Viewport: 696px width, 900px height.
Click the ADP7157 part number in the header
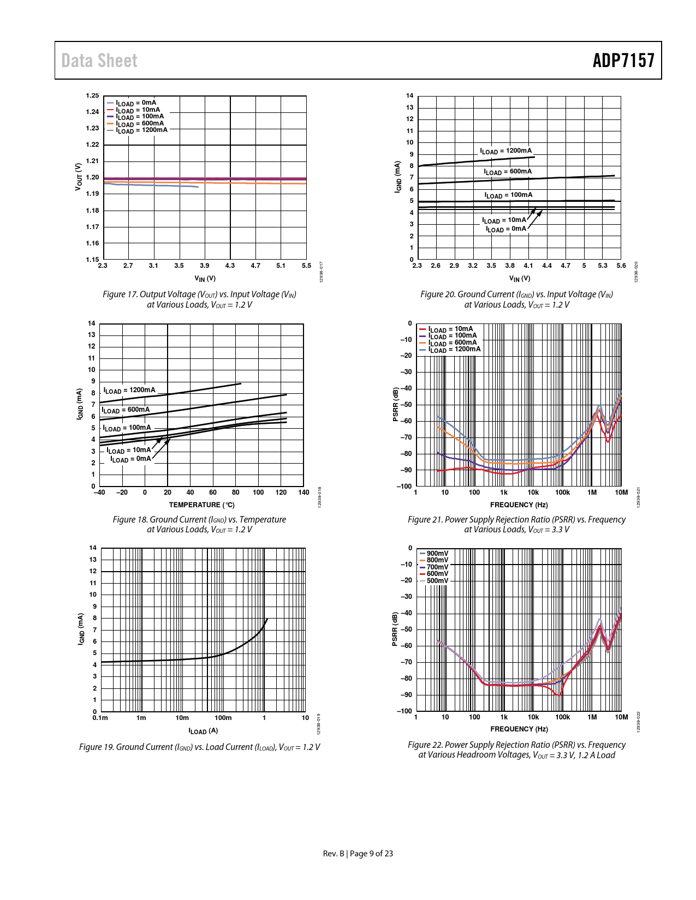click(x=623, y=61)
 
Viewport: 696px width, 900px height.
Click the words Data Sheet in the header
click(x=99, y=61)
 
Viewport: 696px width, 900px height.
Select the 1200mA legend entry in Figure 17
click(x=141, y=130)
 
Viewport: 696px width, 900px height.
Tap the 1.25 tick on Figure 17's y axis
click(x=92, y=96)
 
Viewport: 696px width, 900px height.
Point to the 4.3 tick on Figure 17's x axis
click(x=230, y=266)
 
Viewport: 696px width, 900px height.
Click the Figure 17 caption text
click(x=199, y=299)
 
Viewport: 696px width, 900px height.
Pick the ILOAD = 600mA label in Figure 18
click(x=126, y=410)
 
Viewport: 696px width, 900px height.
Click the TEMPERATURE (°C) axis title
click(x=201, y=505)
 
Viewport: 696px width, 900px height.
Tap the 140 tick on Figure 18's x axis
click(x=304, y=493)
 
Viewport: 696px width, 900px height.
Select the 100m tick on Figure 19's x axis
click(x=223, y=718)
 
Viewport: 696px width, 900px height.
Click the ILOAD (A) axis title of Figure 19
click(x=203, y=731)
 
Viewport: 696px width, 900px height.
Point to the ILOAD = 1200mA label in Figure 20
click(x=505, y=151)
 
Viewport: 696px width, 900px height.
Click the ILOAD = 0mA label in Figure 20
click(x=506, y=229)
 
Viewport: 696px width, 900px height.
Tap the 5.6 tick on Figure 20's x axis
click(x=621, y=266)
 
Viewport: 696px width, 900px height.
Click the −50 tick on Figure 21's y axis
click(x=406, y=405)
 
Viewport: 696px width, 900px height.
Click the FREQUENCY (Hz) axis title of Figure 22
click(x=519, y=729)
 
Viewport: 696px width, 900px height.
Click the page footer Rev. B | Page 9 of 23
click(x=358, y=854)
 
